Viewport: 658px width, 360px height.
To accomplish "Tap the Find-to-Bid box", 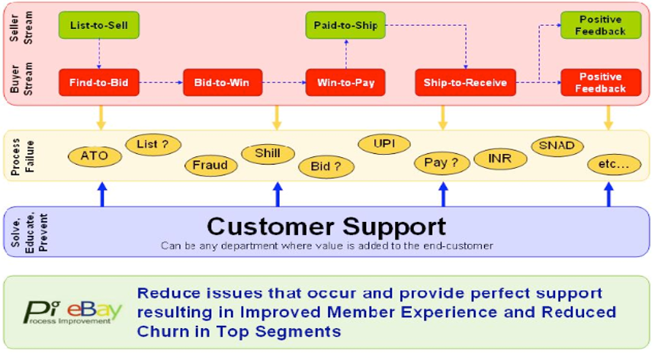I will (99, 82).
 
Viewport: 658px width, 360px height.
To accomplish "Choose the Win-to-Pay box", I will (344, 82).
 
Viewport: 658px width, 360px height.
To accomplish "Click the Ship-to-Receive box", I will (465, 82).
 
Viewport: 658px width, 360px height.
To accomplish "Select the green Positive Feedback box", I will (601, 25).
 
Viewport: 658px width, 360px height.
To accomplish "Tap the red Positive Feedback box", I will (601, 82).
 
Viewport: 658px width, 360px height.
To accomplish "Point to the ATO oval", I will (99, 156).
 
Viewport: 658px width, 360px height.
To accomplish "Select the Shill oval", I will (267, 153).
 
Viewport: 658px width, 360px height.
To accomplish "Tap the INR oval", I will (499, 159).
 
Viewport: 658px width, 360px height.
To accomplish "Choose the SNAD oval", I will (557, 146).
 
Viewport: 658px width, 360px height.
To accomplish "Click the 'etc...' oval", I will (613, 163).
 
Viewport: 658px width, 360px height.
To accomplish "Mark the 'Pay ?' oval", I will (440, 162).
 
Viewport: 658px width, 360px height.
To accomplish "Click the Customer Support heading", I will (326, 226).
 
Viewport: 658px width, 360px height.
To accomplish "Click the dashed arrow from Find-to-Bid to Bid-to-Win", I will (162, 82).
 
